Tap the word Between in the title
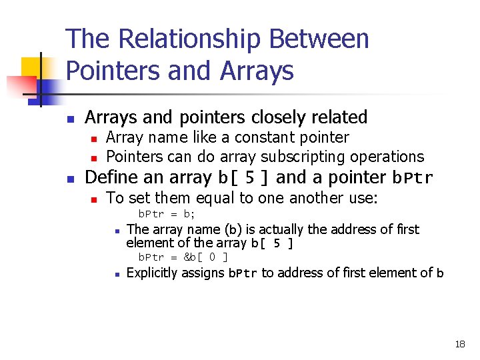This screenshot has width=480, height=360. (x=319, y=39)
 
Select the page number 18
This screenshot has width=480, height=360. (x=459, y=344)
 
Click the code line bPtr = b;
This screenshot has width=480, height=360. (x=166, y=214)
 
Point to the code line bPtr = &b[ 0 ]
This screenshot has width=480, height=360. (x=183, y=257)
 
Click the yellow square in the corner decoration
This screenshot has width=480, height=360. (x=31, y=68)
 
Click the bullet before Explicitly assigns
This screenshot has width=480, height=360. (x=116, y=273)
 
